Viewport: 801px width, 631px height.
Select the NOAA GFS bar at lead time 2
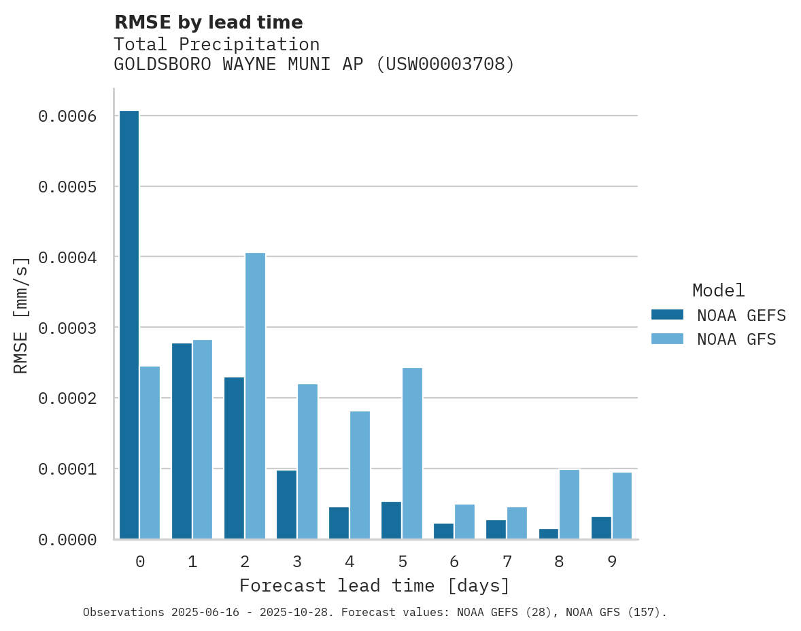pos(255,396)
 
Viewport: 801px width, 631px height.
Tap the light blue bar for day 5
pos(412,453)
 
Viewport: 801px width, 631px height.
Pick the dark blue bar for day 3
pos(286,504)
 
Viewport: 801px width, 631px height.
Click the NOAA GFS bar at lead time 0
pos(150,452)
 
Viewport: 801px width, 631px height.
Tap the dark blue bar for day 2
pos(234,458)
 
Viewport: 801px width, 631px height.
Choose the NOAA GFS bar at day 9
pos(621,505)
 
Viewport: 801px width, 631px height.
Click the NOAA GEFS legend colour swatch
pos(667,315)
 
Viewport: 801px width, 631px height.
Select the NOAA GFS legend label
pos(736,339)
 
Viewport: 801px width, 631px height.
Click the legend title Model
pos(718,290)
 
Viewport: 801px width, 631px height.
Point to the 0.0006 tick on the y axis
pos(67,116)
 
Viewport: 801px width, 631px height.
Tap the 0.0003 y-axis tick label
pos(67,328)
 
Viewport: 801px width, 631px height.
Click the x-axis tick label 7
pos(507,562)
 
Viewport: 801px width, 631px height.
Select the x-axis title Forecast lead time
pos(374,585)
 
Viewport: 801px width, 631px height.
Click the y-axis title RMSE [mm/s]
pos(21,314)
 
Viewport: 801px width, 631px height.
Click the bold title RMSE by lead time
pos(208,22)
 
